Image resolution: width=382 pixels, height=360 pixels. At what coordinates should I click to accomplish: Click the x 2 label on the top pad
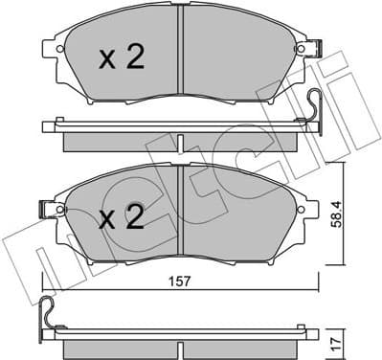point(123,59)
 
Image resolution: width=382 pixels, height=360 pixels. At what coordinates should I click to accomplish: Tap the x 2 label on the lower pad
point(123,218)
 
